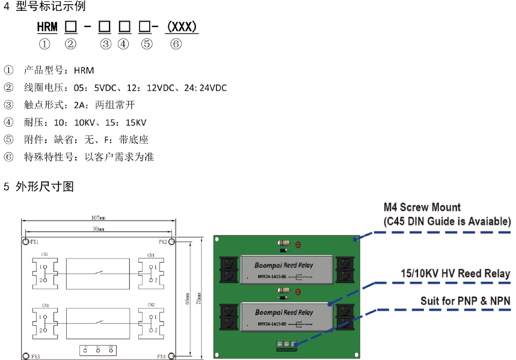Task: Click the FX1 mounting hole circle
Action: coord(25,242)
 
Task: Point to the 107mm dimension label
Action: coord(99,218)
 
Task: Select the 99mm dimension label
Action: coord(99,229)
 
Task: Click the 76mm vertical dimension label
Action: coord(200,298)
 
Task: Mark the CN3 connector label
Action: coord(45,254)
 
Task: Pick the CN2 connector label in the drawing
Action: coord(150,305)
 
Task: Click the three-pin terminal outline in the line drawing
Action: coord(99,350)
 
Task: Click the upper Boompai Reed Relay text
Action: coord(284,264)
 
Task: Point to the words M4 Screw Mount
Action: coord(422,208)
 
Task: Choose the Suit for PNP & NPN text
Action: coord(465,299)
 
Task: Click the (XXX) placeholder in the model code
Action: coord(182,27)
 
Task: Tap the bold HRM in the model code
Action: coord(47,27)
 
